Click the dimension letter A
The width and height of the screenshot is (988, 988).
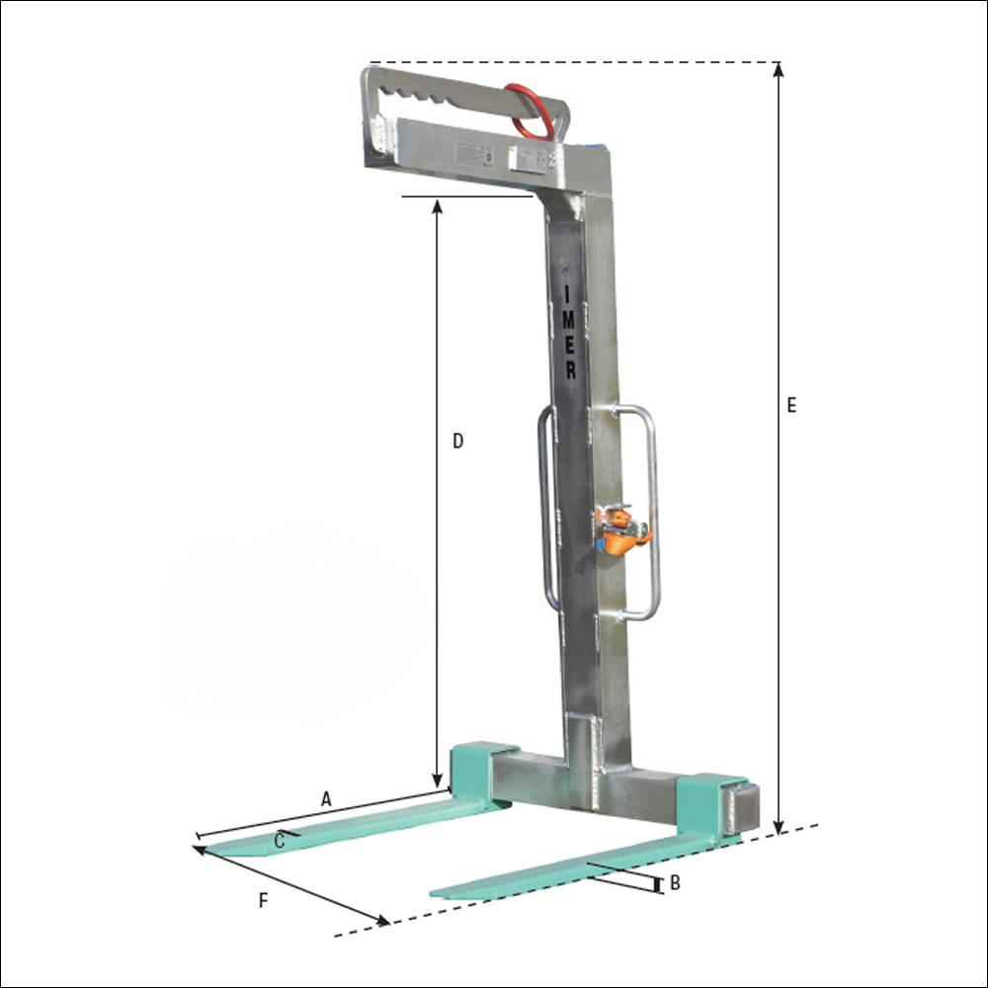click(327, 799)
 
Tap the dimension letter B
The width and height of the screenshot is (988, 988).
click(675, 883)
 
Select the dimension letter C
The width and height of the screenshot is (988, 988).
click(280, 841)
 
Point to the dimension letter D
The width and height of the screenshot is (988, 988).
click(457, 441)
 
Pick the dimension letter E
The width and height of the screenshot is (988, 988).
click(791, 405)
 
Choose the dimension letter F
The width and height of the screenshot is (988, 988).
click(263, 900)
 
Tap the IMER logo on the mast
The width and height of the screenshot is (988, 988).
click(570, 332)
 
